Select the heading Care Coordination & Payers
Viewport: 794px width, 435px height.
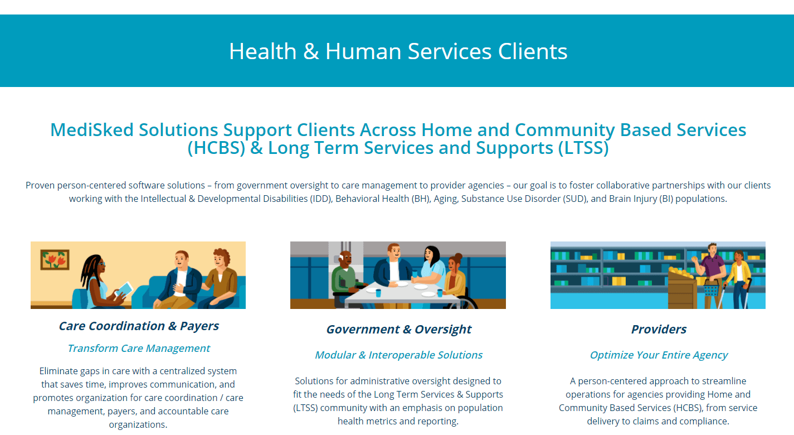tap(139, 326)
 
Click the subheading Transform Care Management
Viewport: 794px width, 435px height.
tap(139, 349)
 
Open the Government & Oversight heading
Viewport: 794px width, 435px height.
tap(398, 330)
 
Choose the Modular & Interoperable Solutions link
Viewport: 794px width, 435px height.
tap(398, 355)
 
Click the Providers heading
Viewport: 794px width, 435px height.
tap(659, 330)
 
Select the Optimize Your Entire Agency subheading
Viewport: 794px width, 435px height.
tap(659, 355)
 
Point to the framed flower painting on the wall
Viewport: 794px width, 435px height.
tap(55, 259)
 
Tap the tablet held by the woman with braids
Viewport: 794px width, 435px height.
tap(126, 289)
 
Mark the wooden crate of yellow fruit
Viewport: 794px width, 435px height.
tap(682, 287)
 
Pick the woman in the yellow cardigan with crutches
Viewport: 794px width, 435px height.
tap(740, 276)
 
